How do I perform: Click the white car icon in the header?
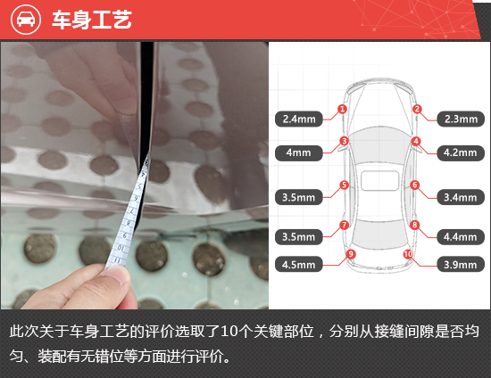tap(26, 20)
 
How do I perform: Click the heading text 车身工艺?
tap(92, 20)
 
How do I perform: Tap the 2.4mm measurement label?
tap(299, 119)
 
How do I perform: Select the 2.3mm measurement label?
tap(461, 119)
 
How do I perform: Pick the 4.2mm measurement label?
tap(461, 152)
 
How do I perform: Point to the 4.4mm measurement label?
tap(461, 237)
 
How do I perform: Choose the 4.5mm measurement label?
tap(299, 265)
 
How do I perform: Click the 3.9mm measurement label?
tap(461, 265)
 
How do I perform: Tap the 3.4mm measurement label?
tap(461, 197)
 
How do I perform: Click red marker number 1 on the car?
tap(342, 109)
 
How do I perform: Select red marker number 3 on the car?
tap(344, 141)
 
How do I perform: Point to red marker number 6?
tap(414, 185)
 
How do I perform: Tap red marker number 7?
tap(344, 225)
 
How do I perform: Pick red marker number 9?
tap(351, 254)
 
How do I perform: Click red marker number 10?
tap(408, 254)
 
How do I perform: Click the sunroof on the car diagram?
tap(379, 181)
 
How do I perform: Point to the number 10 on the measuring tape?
tap(121, 248)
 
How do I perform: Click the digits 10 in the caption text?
tap(229, 331)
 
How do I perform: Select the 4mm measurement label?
tap(299, 152)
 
